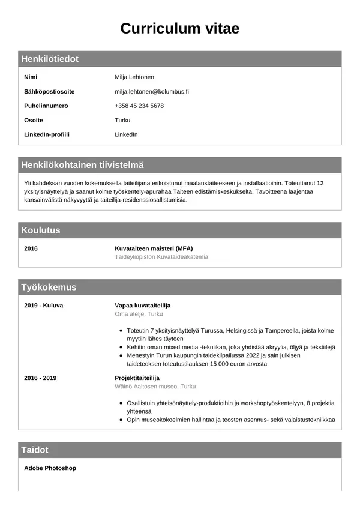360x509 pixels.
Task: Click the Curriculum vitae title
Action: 180,28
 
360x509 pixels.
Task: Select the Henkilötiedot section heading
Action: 50,59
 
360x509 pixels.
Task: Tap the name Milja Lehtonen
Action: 134,77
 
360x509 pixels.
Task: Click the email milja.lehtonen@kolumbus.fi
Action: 152,92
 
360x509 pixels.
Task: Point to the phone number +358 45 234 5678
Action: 139,106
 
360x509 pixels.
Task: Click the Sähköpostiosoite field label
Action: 49,92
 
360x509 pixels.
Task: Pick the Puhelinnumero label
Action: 46,106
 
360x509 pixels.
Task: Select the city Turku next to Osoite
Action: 122,121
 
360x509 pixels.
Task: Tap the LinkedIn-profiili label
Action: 47,135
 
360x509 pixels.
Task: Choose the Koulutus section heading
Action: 41,230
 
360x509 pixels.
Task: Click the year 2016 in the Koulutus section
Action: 31,248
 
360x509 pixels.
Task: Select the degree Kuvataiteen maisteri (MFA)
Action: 154,248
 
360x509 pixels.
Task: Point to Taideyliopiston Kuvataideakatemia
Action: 161,257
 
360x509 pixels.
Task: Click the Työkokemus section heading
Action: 49,288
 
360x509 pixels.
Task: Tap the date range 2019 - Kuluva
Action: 43,306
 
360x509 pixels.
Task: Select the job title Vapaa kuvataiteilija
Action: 143,306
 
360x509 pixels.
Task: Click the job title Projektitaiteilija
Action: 137,378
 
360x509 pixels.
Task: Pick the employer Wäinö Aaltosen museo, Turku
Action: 155,387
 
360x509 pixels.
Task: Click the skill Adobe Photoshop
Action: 50,468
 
